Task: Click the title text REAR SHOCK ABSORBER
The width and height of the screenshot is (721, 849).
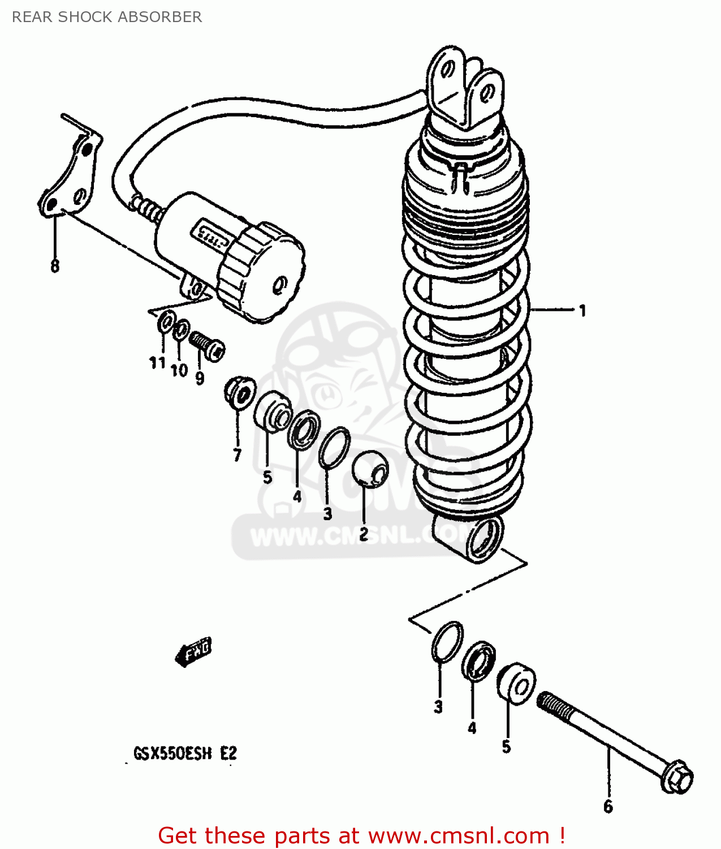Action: pos(107,17)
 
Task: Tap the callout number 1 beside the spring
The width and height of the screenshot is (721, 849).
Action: pos(582,310)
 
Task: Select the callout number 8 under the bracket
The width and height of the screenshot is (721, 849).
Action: pos(55,266)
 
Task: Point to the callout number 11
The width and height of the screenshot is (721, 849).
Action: pos(157,363)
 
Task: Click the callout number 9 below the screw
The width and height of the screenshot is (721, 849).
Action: pos(200,378)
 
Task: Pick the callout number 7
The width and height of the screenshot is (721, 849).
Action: pos(237,454)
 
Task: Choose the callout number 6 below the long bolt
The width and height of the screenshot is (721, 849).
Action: pos(608,806)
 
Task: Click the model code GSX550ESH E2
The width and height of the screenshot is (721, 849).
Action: pos(185,754)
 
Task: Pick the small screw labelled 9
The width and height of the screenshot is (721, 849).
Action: pos(207,345)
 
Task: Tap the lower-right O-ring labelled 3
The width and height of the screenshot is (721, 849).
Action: pos(447,642)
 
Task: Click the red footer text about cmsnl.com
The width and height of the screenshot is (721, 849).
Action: pos(362,835)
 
